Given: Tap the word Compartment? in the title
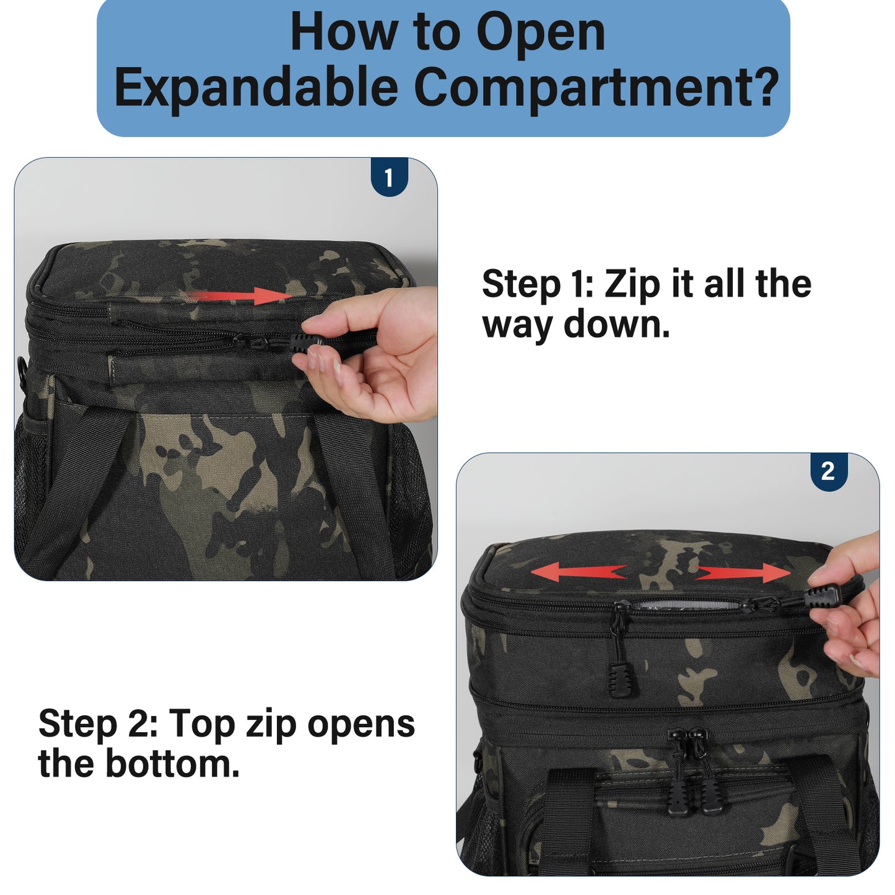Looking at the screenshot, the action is (x=597, y=87).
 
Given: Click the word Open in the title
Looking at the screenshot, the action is (x=541, y=33).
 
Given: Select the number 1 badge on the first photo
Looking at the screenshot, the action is (x=389, y=177).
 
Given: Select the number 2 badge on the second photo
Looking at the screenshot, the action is (x=829, y=471).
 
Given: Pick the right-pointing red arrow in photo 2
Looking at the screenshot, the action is (x=743, y=574).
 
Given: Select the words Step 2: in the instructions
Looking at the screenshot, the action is (x=98, y=723).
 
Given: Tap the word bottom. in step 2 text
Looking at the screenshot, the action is (x=173, y=764).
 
